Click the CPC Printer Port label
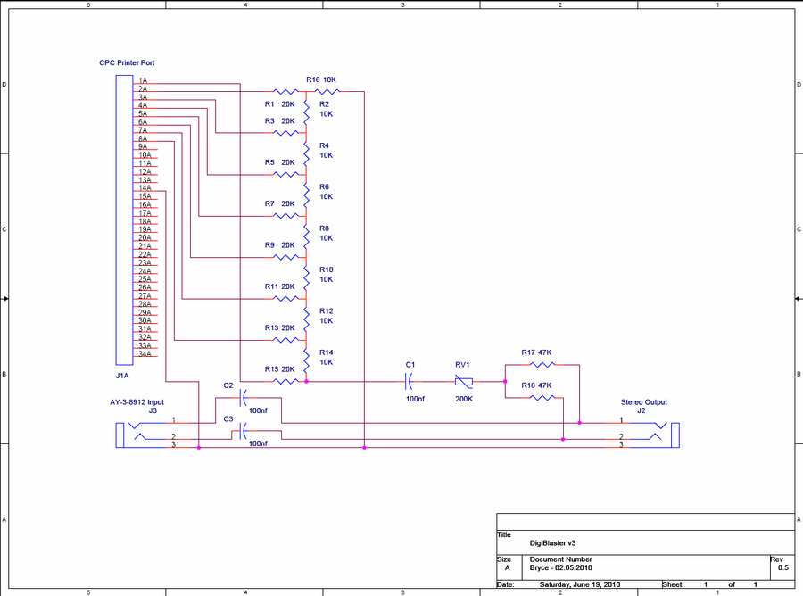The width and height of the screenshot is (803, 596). pyautogui.click(x=127, y=63)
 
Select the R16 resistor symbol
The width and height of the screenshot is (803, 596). pyautogui.click(x=327, y=92)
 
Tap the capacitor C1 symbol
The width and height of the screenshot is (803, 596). pyautogui.click(x=409, y=382)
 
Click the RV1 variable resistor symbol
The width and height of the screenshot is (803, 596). pyautogui.click(x=463, y=382)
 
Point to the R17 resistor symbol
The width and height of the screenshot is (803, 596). pyautogui.click(x=542, y=365)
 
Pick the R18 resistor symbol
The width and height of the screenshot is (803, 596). pyautogui.click(x=542, y=398)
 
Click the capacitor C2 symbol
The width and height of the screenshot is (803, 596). pyautogui.click(x=244, y=397)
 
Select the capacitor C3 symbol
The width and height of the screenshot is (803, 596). pyautogui.click(x=244, y=431)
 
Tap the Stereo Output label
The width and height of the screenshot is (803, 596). pyautogui.click(x=643, y=402)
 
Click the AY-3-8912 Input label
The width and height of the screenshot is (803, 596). pyautogui.click(x=137, y=402)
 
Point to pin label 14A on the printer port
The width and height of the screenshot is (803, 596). pyautogui.click(x=145, y=188)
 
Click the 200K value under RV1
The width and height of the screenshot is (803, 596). pyautogui.click(x=464, y=399)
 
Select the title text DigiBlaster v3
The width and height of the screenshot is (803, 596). pyautogui.click(x=552, y=543)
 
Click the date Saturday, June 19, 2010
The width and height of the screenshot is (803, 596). pyautogui.click(x=580, y=584)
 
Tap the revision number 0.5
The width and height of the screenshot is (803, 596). pyautogui.click(x=783, y=567)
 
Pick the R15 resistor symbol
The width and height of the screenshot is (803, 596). pyautogui.click(x=286, y=382)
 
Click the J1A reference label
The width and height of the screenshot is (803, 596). pyautogui.click(x=122, y=376)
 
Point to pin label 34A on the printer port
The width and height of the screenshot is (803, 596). pyautogui.click(x=145, y=354)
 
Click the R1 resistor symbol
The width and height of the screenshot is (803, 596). pyautogui.click(x=286, y=92)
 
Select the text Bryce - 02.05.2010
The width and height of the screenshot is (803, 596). pyautogui.click(x=561, y=567)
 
